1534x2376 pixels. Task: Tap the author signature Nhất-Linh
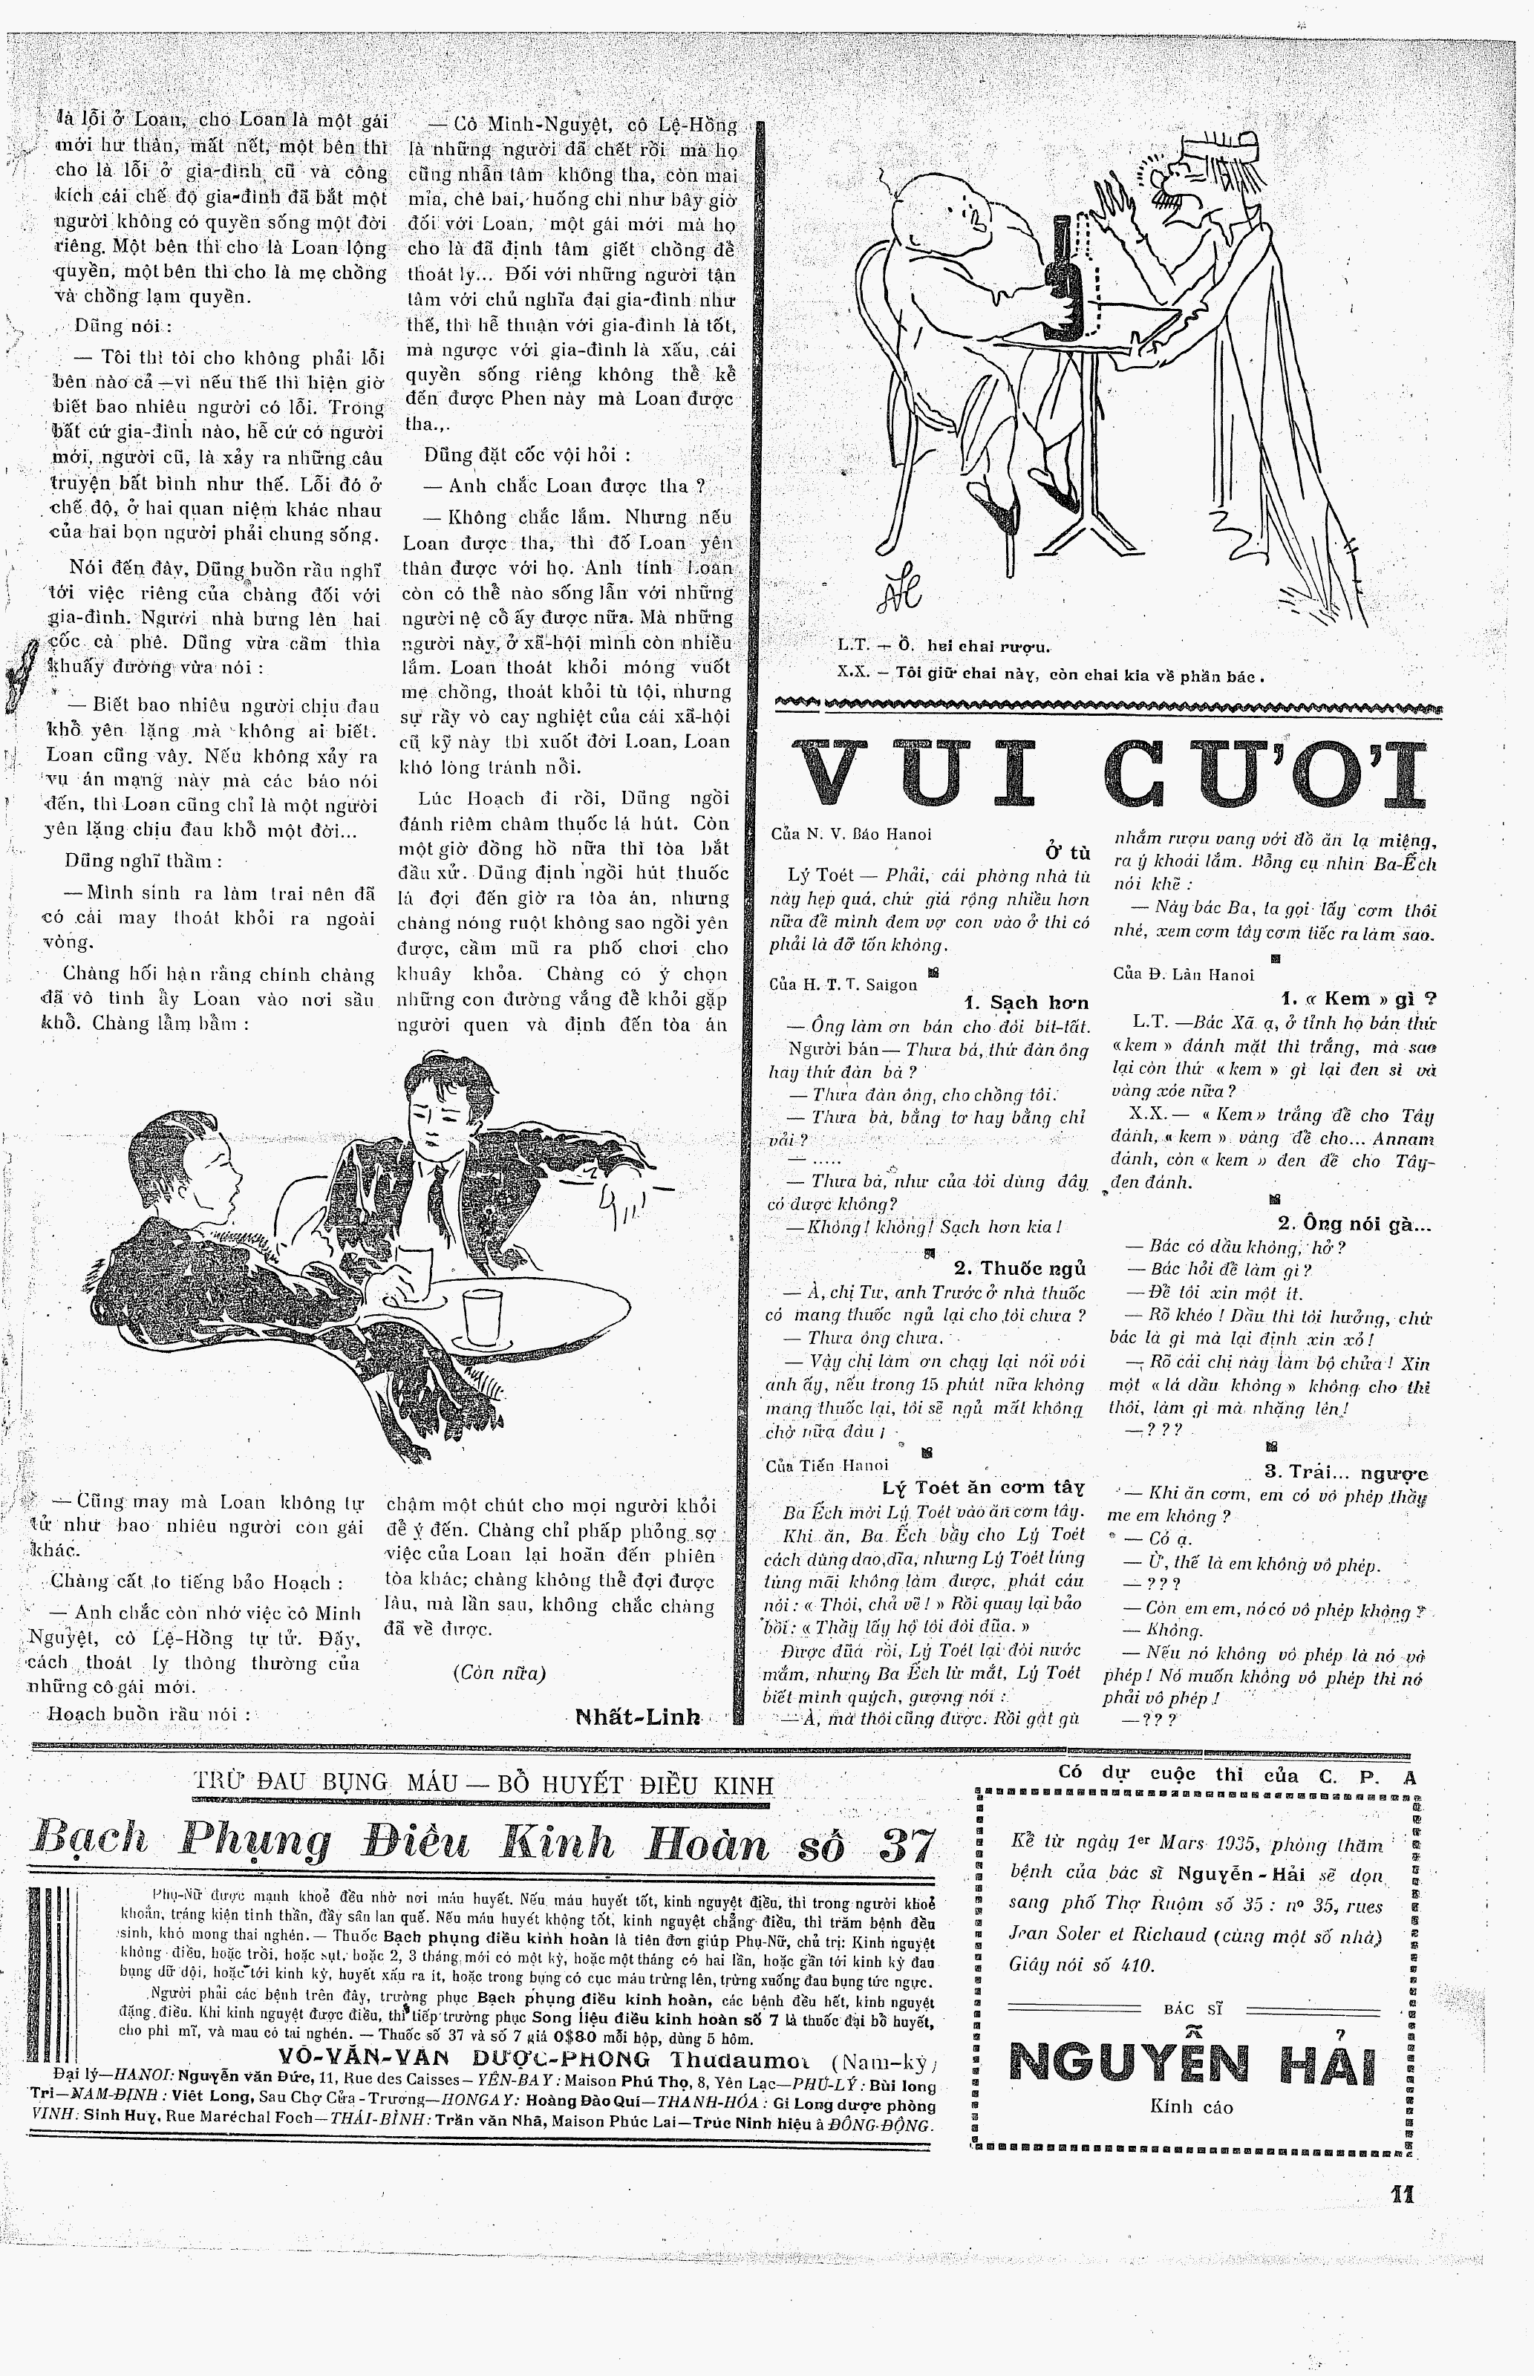(638, 1717)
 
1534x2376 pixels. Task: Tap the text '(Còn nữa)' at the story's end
(499, 1672)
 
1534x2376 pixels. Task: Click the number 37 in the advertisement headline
(907, 1845)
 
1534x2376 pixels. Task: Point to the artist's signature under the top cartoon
(898, 593)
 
